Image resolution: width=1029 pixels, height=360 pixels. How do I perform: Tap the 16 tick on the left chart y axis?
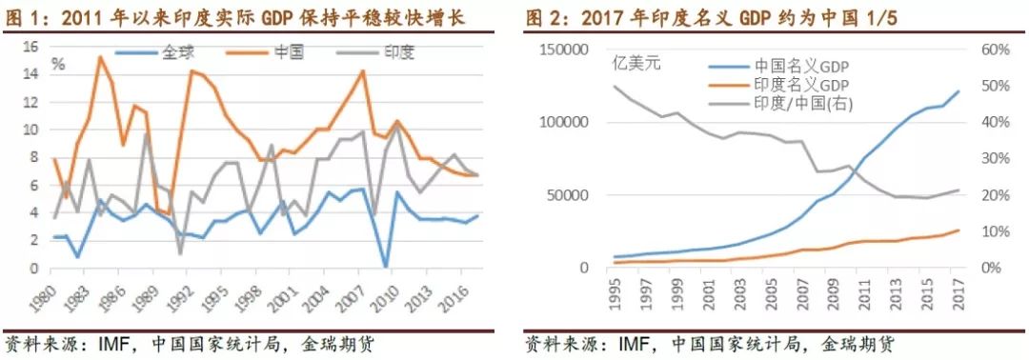[x=29, y=47]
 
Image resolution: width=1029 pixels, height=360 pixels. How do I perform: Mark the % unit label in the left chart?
[x=57, y=65]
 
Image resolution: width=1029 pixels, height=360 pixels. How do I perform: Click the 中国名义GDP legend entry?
[x=801, y=65]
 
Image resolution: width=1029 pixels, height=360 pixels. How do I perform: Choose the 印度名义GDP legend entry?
[x=801, y=84]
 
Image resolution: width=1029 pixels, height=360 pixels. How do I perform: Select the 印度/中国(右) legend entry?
[x=800, y=103]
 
